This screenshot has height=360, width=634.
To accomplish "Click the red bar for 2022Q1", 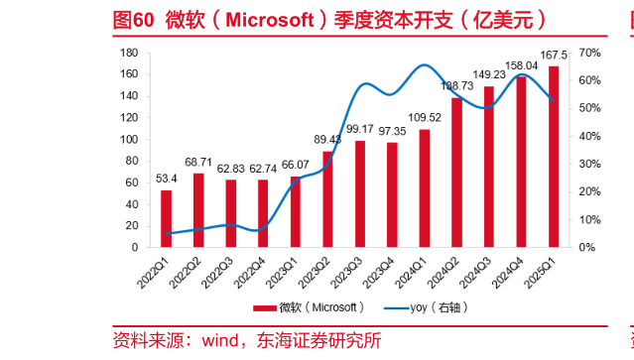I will (x=166, y=218).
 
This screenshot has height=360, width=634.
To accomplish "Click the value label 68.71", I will (x=198, y=162).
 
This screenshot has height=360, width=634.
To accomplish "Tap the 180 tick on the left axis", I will (x=129, y=53).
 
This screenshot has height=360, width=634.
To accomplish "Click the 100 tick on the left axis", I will (x=129, y=139).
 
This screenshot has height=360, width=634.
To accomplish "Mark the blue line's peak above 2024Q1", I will (x=425, y=65).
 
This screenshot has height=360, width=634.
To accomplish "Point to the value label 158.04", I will (x=522, y=65).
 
